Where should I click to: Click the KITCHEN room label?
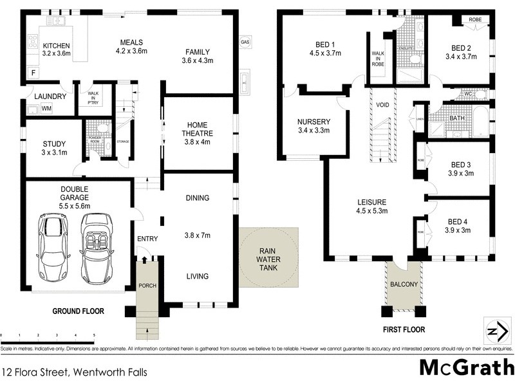(x=57, y=46)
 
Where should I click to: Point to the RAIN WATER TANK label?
(x=268, y=259)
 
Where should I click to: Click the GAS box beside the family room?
(x=245, y=42)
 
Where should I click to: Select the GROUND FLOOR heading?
(x=78, y=311)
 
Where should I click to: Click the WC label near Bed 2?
(x=469, y=95)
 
